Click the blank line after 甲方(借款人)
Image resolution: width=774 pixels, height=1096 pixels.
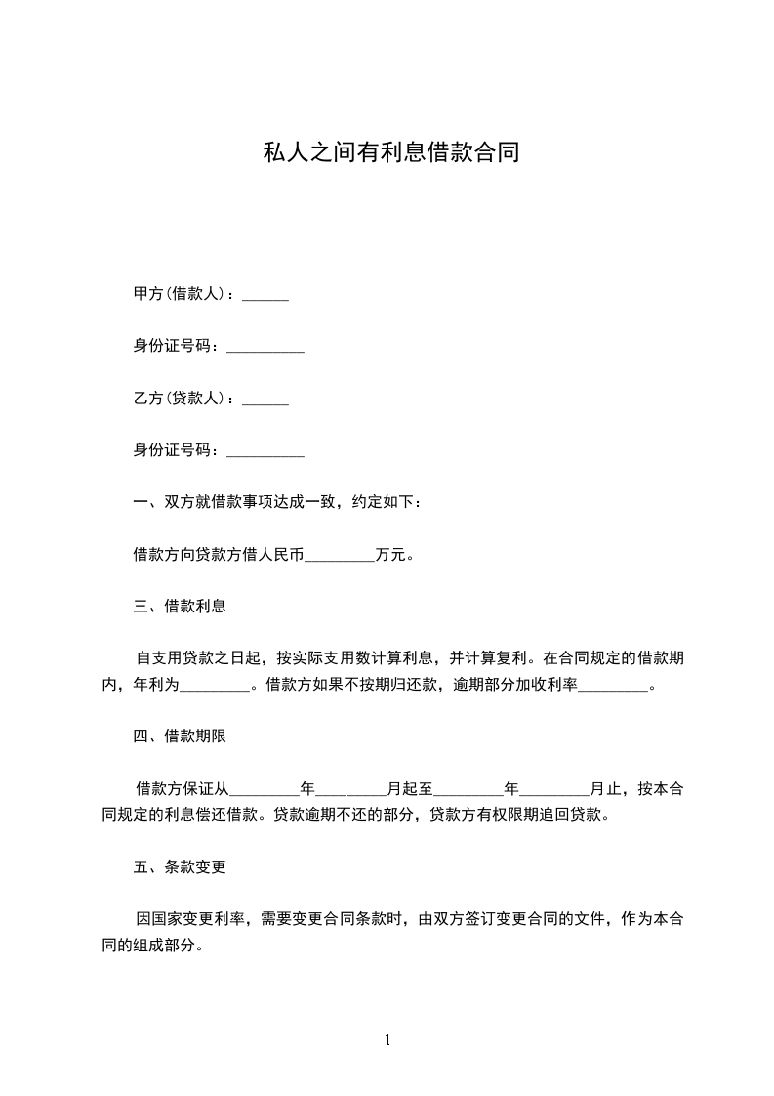[265, 295]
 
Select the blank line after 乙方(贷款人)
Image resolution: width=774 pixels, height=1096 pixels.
[265, 400]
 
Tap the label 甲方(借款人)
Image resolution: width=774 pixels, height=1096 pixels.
[180, 294]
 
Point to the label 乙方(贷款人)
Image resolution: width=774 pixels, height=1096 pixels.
[180, 399]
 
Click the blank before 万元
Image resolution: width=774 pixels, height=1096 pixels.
[340, 557]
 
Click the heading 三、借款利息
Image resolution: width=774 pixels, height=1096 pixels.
[180, 606]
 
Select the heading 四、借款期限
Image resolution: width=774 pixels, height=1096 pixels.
[180, 737]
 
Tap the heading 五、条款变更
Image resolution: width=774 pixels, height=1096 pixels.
[180, 866]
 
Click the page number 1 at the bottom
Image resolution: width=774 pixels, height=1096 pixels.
[387, 1040]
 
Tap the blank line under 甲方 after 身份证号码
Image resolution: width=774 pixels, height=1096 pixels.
[265, 347]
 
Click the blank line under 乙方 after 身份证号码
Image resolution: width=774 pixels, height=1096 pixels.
[265, 451]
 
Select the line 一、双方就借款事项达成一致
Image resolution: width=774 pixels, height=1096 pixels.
[278, 503]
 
